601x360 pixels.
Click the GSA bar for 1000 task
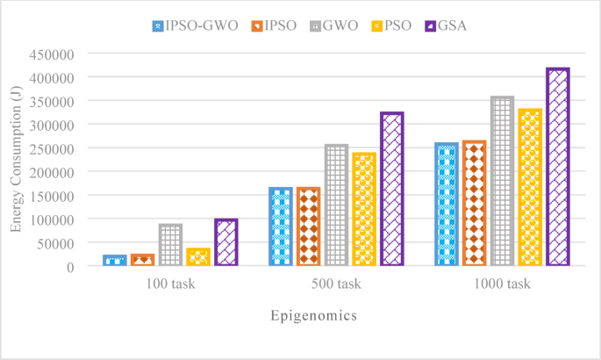558,167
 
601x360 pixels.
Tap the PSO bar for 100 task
198,256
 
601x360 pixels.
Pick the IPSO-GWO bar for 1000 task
447,204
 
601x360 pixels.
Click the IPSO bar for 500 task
308,226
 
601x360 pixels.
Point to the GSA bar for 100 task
226,241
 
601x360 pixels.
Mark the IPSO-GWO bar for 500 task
280,226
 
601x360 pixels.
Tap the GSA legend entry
447,25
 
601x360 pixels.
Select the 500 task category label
336,284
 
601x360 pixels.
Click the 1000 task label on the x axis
502,284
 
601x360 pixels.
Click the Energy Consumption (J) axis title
16,159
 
